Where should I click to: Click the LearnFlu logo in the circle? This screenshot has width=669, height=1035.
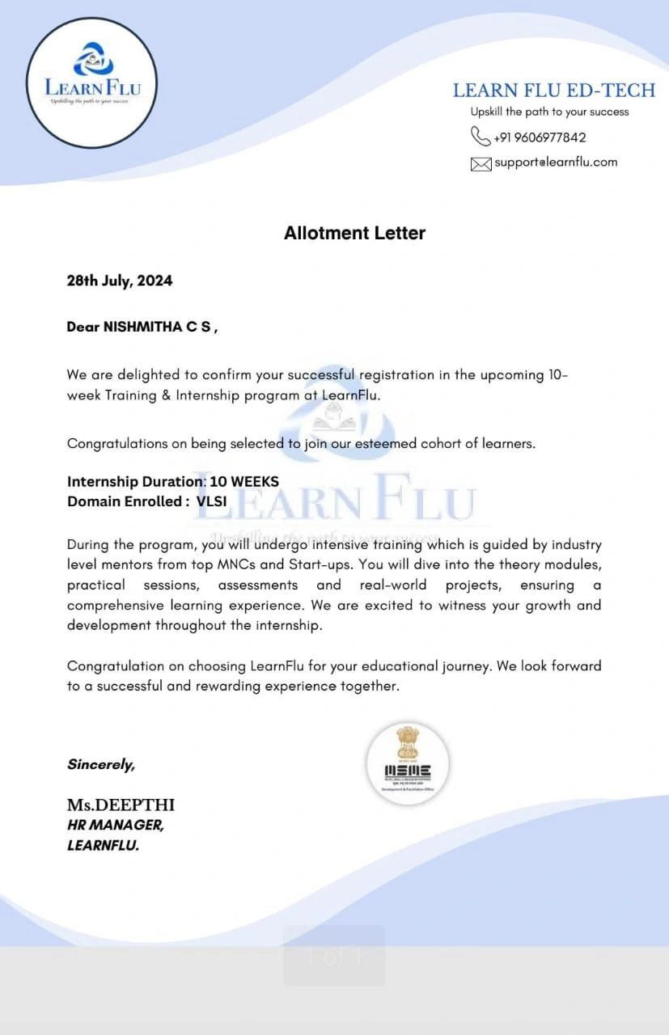coord(91,82)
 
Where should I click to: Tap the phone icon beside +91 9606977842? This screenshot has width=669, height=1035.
coord(481,136)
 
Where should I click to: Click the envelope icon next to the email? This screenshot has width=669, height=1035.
coord(481,163)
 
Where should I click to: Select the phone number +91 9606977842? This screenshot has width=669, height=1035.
coord(540,137)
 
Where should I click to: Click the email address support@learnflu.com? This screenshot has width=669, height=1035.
coord(556,162)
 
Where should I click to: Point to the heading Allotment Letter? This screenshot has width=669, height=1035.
coord(354,233)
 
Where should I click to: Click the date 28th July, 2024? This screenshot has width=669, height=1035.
coord(120,281)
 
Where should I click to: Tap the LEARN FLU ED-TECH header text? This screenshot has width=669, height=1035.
coord(553,91)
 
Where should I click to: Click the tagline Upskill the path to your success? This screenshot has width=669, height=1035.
coord(549,112)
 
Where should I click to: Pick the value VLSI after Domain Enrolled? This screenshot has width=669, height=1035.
coord(212,501)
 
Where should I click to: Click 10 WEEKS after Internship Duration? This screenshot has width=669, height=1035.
coord(244,481)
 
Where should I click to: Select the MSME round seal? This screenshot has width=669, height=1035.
coord(408,763)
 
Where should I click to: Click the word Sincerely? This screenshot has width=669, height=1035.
coord(101,764)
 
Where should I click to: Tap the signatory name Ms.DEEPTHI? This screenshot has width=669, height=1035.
coord(121,805)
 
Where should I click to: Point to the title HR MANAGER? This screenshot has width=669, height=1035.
coord(115,826)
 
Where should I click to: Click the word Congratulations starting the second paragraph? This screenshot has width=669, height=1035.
coord(117,443)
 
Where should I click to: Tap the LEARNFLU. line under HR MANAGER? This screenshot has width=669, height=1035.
coord(103,846)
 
